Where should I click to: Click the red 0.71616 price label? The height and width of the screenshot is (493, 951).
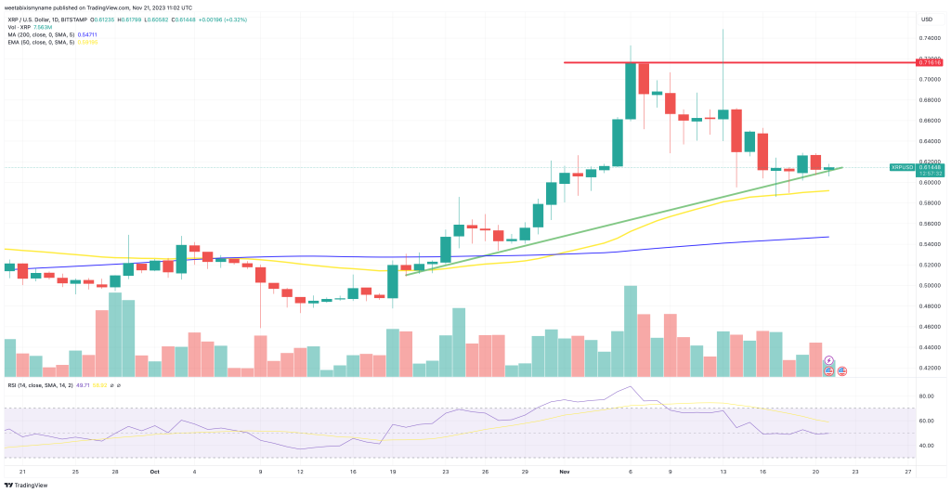coord(929,62)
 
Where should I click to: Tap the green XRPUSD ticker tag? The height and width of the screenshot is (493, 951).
coord(901,167)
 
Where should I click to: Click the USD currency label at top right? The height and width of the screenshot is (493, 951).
coord(926,19)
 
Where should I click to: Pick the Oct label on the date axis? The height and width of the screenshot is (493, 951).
coord(155,471)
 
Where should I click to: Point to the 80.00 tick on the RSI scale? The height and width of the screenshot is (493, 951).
coord(926,396)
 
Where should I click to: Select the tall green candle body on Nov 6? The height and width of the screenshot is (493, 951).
coord(631,91)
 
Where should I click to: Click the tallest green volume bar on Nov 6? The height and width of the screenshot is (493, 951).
coord(631,331)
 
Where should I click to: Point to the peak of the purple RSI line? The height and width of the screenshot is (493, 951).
coord(632,386)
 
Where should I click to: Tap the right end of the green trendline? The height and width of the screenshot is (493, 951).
coord(842,168)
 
